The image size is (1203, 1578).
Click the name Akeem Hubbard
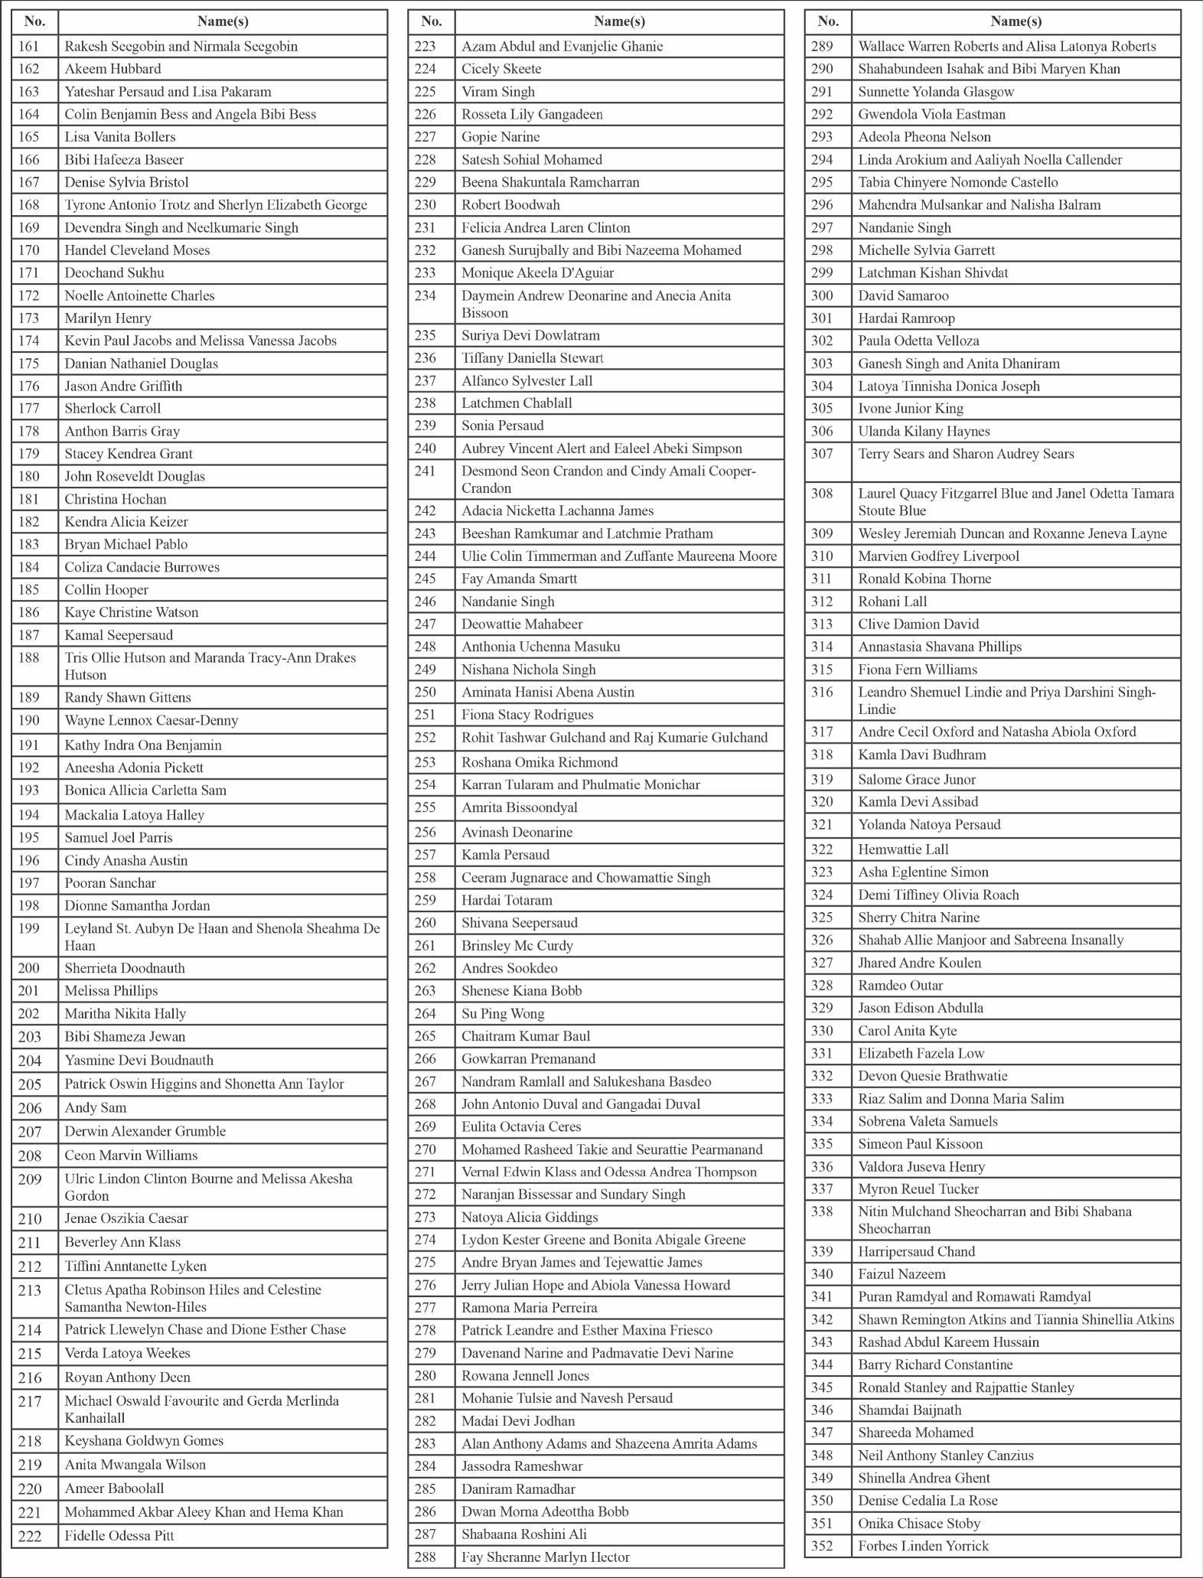tap(112, 69)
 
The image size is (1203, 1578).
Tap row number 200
tap(29, 968)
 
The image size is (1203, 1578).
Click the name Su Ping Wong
tap(503, 1014)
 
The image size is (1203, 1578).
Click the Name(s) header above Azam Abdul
tap(619, 21)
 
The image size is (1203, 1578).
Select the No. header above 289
tap(828, 21)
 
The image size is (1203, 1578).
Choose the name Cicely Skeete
tap(501, 69)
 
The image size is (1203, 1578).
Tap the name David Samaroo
tap(903, 296)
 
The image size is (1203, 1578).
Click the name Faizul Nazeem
tap(901, 1274)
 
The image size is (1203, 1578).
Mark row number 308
tap(822, 494)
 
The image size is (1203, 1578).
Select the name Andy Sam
tap(96, 1108)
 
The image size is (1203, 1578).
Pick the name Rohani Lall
tap(892, 602)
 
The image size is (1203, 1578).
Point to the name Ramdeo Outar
tap(901, 986)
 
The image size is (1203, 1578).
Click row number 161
tap(29, 47)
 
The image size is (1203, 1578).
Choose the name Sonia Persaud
tap(502, 425)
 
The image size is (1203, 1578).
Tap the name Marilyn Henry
tap(108, 318)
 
